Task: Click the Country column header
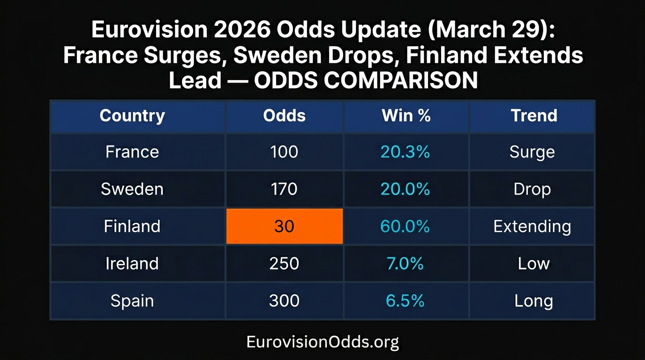132,116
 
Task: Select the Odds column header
284,116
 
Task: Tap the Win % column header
406,116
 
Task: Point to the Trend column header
534,116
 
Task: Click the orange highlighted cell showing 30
284,226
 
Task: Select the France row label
132,152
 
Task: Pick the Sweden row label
132,189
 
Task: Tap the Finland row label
132,226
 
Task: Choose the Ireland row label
132,263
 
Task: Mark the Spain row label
132,300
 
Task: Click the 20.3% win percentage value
405,152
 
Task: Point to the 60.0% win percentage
405,226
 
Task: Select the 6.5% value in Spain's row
405,300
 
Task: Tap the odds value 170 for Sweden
284,189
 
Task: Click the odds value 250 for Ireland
284,263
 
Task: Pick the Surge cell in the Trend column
532,152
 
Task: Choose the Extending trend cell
532,226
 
